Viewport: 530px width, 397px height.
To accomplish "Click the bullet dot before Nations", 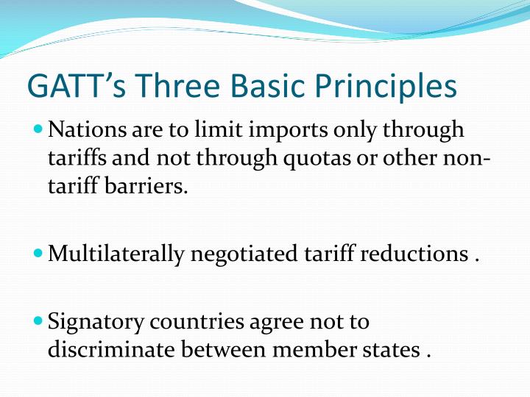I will [x=39, y=129].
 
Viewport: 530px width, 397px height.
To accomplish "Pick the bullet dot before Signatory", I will [x=39, y=321].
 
